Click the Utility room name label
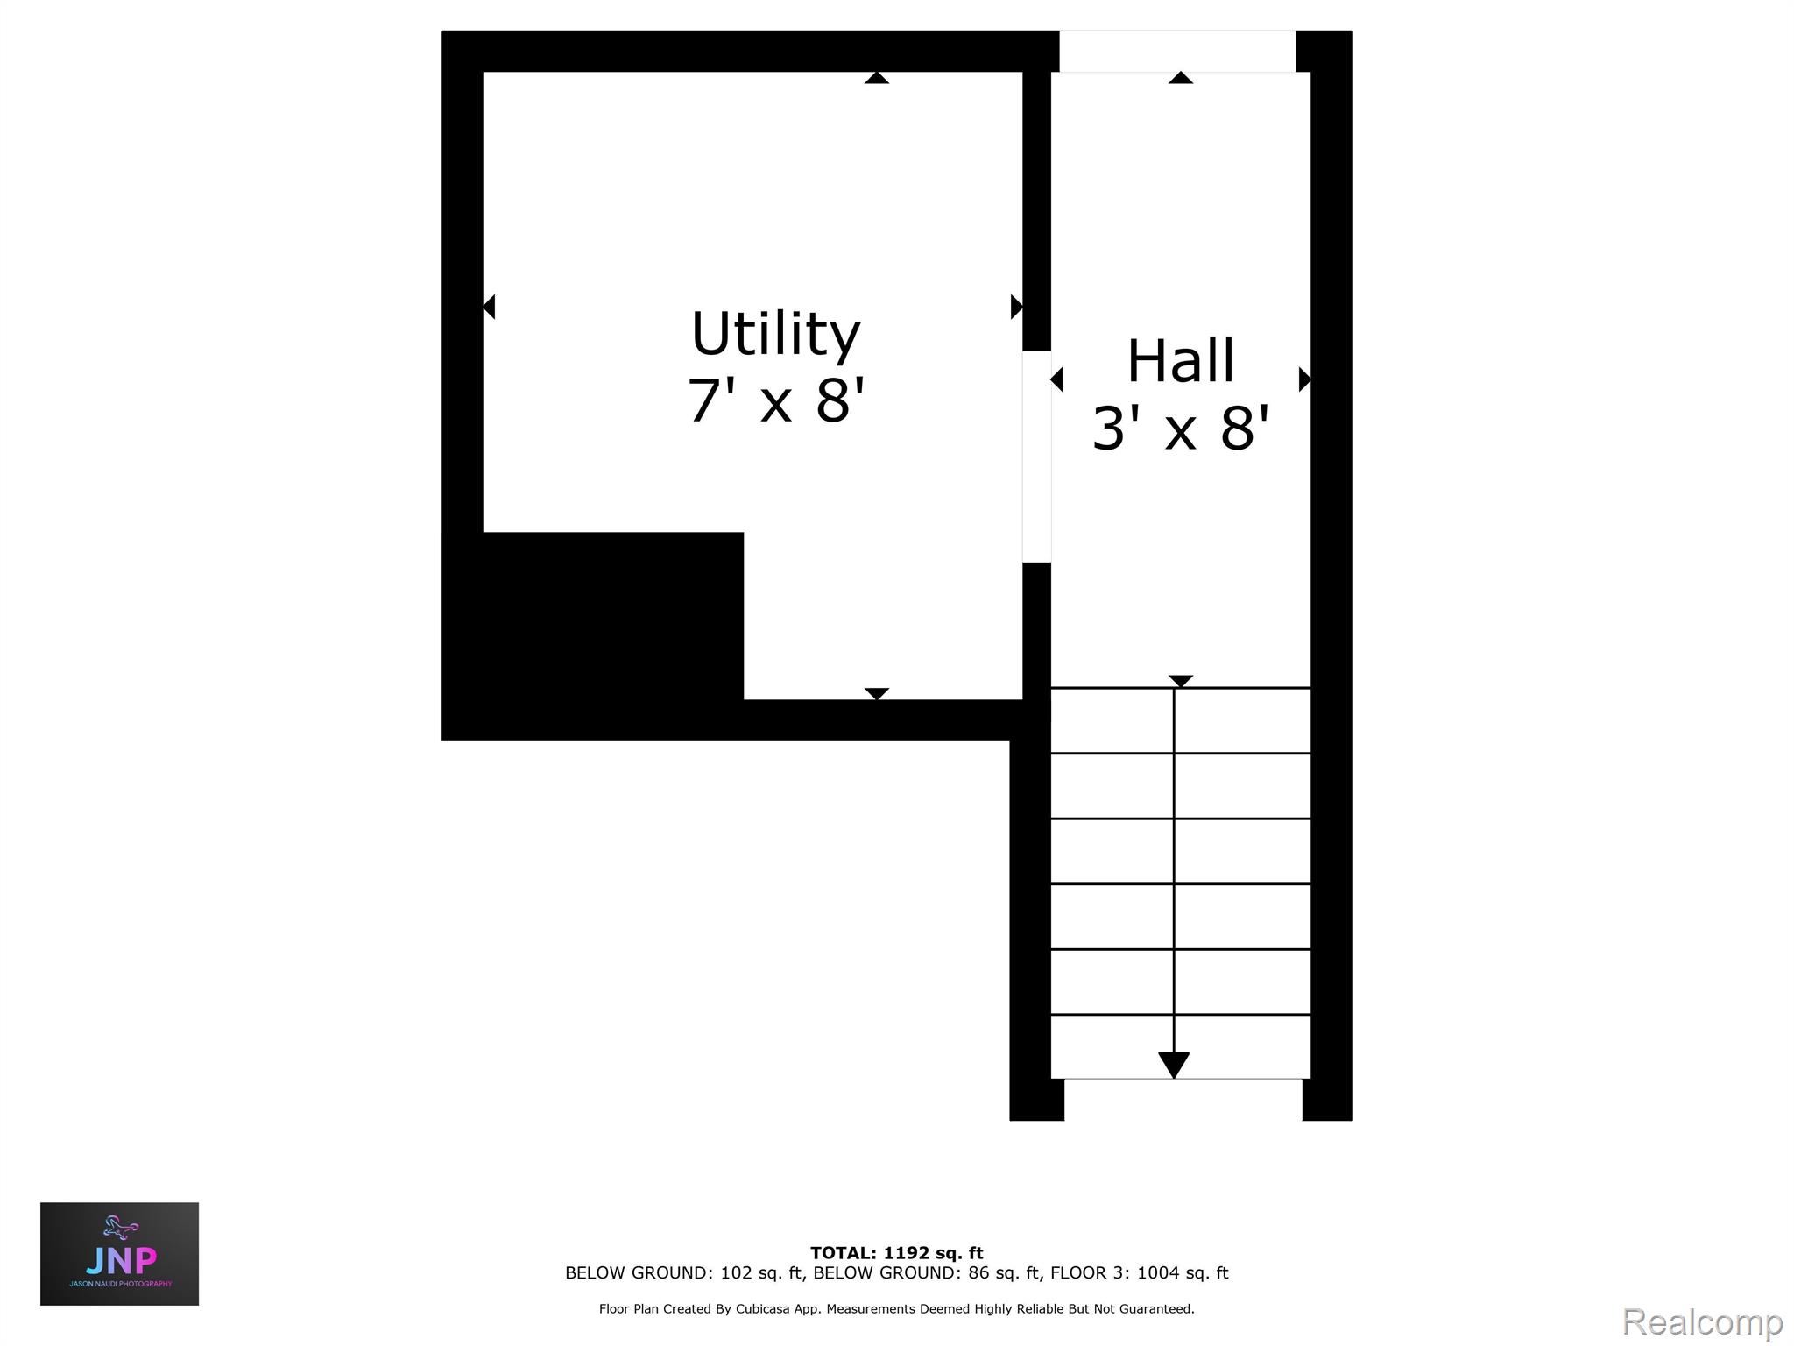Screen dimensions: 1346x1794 [x=775, y=334]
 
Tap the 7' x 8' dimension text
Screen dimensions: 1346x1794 [x=775, y=400]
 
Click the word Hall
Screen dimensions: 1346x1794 [x=1180, y=361]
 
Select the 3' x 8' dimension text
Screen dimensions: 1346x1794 [x=1180, y=429]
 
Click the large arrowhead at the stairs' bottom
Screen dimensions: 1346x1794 [x=1174, y=1064]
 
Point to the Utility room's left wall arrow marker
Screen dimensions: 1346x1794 [x=489, y=307]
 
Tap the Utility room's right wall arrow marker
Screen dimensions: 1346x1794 [x=1016, y=307]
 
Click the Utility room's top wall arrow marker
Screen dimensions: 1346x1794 [x=877, y=78]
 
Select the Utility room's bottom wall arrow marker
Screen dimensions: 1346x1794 [x=877, y=693]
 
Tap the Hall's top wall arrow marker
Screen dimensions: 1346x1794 [x=1181, y=78]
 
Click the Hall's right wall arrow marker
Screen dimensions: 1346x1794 [x=1304, y=379]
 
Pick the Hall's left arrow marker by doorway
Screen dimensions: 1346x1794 [x=1056, y=379]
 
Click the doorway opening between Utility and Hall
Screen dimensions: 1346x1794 [x=1036, y=457]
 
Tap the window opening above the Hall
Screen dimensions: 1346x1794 [x=1177, y=51]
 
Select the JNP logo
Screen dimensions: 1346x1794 [x=120, y=1253]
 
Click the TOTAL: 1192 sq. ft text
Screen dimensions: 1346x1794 [x=896, y=1252]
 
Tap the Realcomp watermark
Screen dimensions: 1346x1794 [x=1702, y=1321]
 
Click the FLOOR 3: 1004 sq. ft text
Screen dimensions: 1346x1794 [x=1139, y=1272]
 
